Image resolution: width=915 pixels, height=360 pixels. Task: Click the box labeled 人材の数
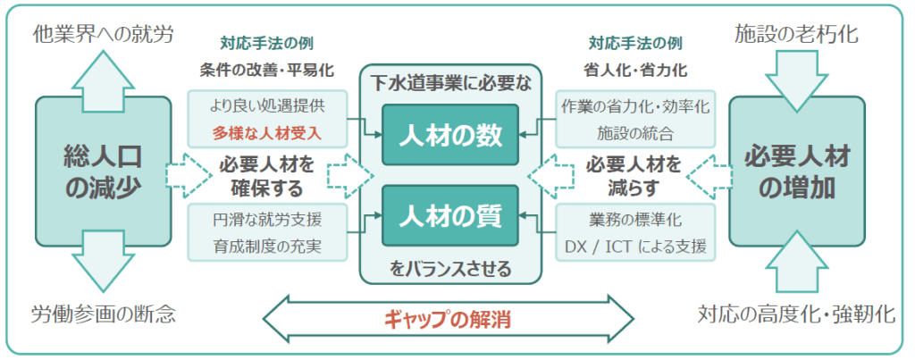pos(450,135)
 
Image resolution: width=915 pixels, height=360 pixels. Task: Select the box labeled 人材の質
pos(450,215)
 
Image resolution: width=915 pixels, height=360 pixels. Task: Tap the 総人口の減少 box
pos(104,172)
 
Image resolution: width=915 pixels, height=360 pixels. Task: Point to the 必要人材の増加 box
pos(797,172)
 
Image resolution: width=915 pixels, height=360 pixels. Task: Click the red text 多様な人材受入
pos(266,134)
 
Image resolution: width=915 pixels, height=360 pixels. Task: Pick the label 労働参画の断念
pos(104,315)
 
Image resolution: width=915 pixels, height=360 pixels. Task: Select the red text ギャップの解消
pos(448,320)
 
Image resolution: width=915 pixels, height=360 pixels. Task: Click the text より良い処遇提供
pos(266,107)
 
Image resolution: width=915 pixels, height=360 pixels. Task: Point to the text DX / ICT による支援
pos(635,247)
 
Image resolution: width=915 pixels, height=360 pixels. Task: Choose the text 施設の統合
pos(635,134)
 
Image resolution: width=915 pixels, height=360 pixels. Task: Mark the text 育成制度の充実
pos(266,247)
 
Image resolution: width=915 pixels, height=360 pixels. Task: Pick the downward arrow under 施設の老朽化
pos(797,80)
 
